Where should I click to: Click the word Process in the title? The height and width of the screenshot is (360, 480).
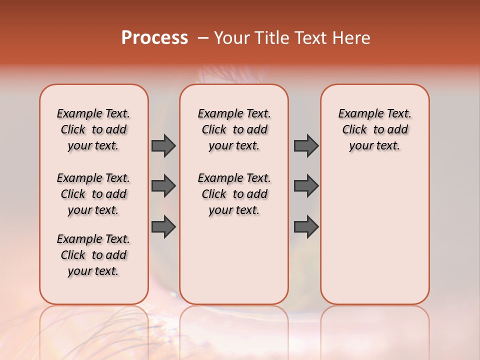click(x=154, y=37)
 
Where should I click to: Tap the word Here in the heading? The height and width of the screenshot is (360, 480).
click(x=352, y=38)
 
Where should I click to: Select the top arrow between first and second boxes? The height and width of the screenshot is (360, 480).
click(x=163, y=145)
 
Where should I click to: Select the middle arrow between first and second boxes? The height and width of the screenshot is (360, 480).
click(x=163, y=186)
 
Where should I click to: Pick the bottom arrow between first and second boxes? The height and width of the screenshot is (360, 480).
click(x=163, y=226)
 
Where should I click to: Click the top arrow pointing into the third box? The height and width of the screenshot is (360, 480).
click(x=306, y=145)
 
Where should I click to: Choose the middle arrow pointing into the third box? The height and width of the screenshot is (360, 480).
click(x=306, y=186)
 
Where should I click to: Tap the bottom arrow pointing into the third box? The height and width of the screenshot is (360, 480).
click(x=306, y=226)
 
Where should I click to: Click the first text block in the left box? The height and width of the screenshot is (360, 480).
click(x=93, y=129)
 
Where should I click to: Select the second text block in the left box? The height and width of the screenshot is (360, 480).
click(x=93, y=194)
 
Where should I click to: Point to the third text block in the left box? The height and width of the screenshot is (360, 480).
click(x=93, y=255)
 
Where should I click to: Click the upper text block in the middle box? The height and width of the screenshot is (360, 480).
click(x=234, y=129)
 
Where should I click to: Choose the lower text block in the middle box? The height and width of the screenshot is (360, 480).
click(x=234, y=194)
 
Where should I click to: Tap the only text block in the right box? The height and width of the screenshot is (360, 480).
click(x=374, y=129)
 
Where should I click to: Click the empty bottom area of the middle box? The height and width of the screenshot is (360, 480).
click(x=234, y=265)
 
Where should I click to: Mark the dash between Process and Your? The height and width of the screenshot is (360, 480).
click(x=203, y=38)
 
